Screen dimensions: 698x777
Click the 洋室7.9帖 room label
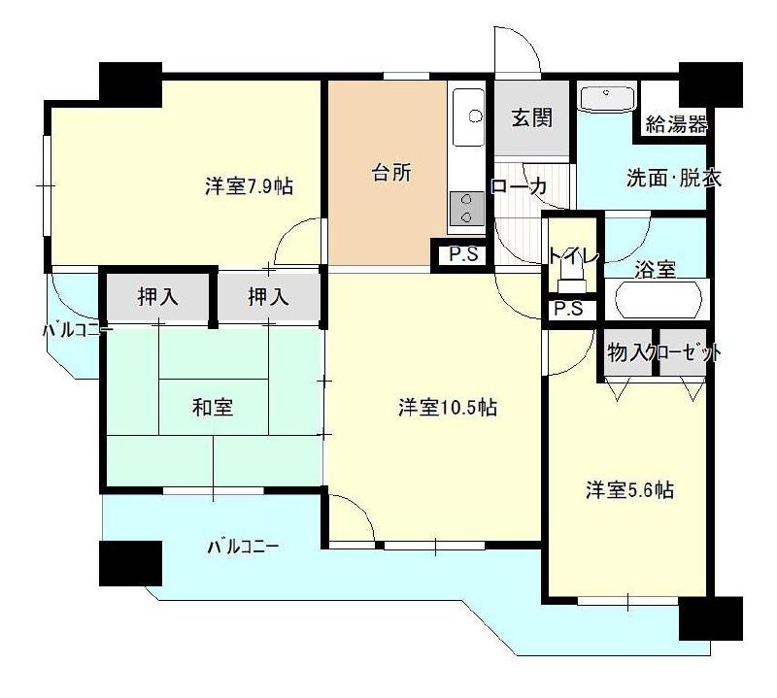249,186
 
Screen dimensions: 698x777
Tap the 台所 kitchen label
391,174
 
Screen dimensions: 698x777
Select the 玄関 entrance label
531,118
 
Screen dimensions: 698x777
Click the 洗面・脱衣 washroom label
672,179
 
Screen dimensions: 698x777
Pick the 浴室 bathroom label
656,270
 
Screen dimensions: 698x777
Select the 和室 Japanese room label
212,408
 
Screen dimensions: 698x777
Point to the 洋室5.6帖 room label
628,490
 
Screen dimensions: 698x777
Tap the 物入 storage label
626,353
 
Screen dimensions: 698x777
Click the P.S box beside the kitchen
461,255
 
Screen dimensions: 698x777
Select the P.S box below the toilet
568,310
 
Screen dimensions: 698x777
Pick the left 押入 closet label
157,297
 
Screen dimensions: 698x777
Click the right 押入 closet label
268,297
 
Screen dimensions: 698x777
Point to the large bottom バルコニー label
243,547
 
